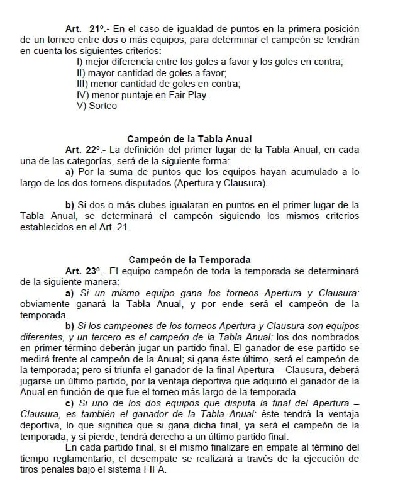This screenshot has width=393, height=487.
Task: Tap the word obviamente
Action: (x=45, y=304)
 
